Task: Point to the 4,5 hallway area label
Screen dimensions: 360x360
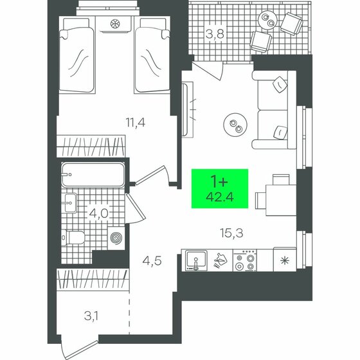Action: coord(150,260)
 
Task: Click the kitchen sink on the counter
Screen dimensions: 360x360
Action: coord(194,261)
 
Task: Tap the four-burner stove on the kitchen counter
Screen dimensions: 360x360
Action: coord(245,261)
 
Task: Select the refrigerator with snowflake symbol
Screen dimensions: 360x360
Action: coord(285,260)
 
